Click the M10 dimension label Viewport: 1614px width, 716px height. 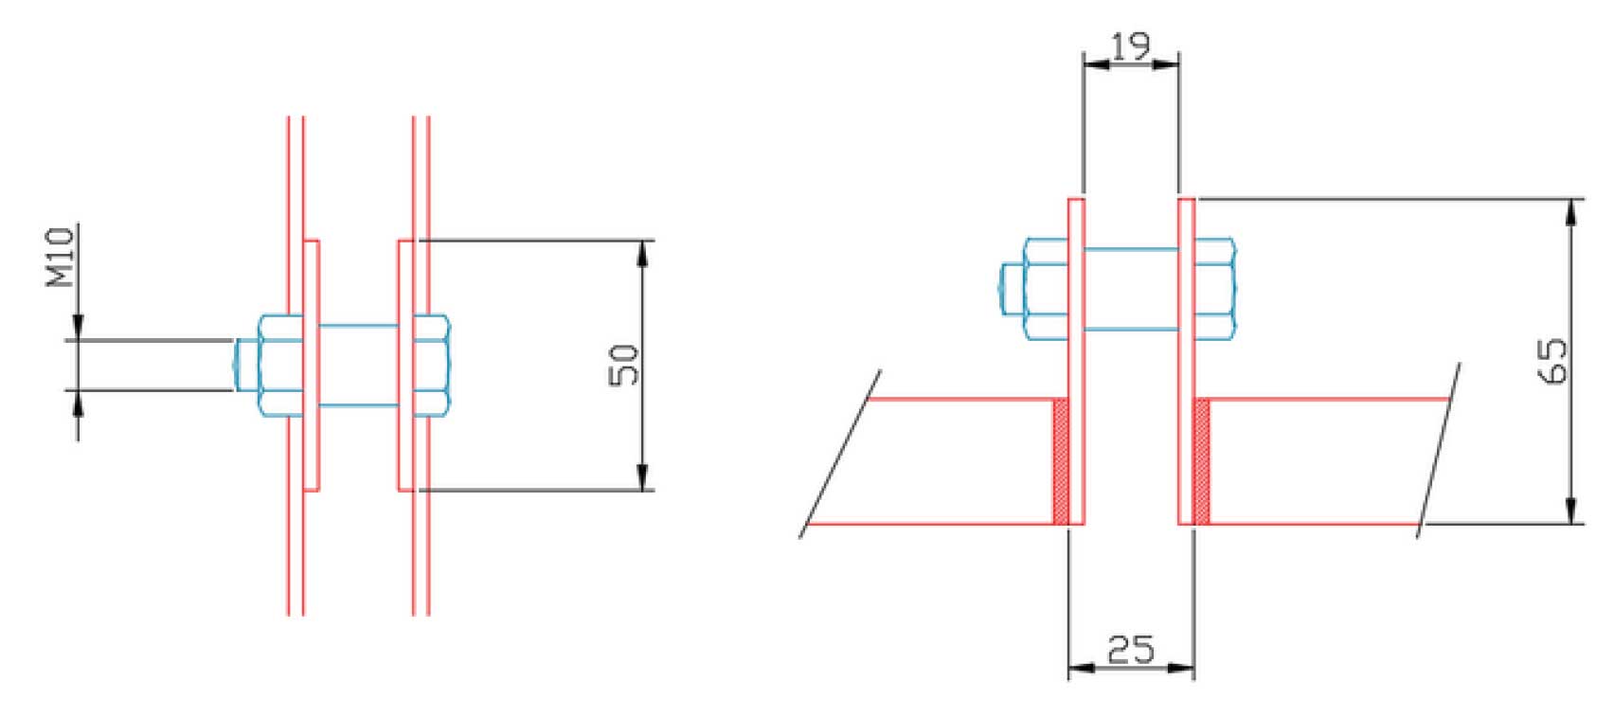[x=61, y=258]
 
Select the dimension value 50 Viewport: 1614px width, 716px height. [x=624, y=366]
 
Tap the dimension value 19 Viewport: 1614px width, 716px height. [x=1130, y=46]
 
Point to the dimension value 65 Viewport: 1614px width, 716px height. [x=1551, y=361]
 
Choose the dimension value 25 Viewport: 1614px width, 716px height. [x=1131, y=650]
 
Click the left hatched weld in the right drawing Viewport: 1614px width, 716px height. [x=1061, y=461]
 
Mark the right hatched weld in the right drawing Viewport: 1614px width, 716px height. [x=1201, y=461]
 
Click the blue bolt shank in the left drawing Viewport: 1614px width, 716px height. [x=359, y=366]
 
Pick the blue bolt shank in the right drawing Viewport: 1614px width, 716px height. [x=1131, y=289]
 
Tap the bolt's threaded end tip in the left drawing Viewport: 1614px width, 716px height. [x=245, y=366]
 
